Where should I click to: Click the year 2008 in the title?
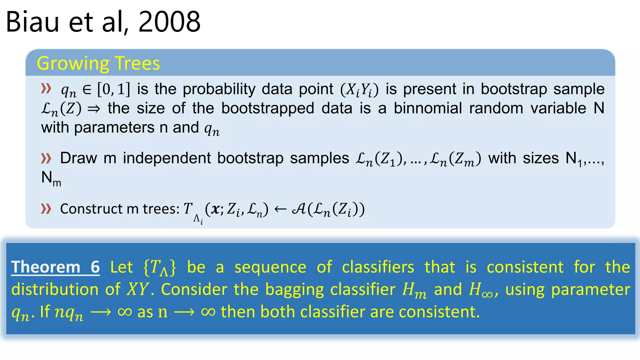(169, 22)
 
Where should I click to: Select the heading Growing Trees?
(98, 63)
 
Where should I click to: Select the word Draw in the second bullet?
(78, 158)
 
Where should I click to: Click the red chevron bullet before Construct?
(46, 208)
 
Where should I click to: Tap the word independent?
(167, 158)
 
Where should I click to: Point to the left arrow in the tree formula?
(280, 209)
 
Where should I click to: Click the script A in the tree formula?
(299, 209)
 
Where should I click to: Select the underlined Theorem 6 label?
(55, 267)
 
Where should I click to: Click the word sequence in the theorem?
(270, 267)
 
